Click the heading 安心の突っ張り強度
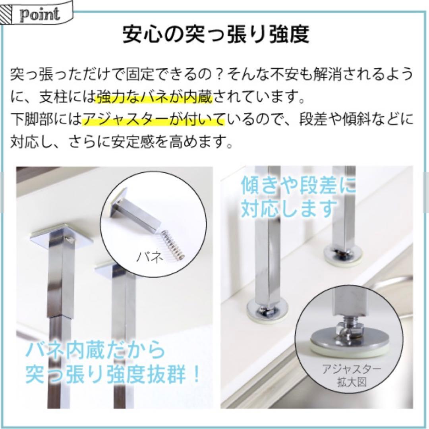click(x=215, y=35)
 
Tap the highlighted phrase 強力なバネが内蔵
click(x=155, y=97)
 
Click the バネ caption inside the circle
click(x=150, y=257)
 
